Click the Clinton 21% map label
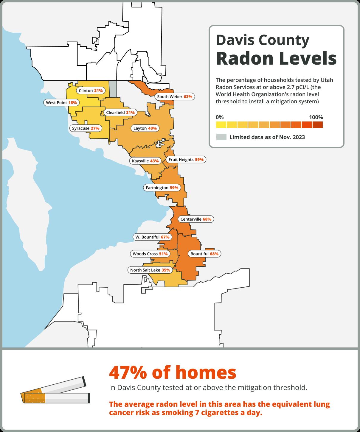tap(91, 91)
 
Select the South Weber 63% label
tap(175, 97)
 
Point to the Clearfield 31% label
tap(120, 113)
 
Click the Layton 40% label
tap(145, 128)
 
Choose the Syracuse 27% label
tap(86, 128)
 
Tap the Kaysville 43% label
tap(145, 161)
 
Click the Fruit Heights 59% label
tap(186, 160)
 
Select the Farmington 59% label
tap(162, 188)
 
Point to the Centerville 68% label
tap(196, 219)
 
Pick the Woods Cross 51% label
tap(150, 254)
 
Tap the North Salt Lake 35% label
tap(150, 270)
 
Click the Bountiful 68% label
tap(204, 254)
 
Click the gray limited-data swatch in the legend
tap(221, 137)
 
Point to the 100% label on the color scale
tap(316, 117)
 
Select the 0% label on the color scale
tap(220, 117)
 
